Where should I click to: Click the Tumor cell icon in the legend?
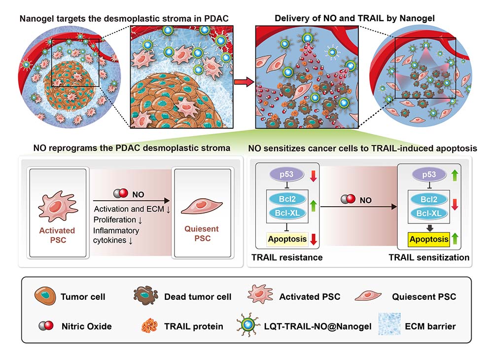[45, 296]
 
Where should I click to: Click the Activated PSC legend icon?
[259, 296]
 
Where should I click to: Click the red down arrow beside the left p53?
[312, 177]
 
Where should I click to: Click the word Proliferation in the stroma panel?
[113, 219]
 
